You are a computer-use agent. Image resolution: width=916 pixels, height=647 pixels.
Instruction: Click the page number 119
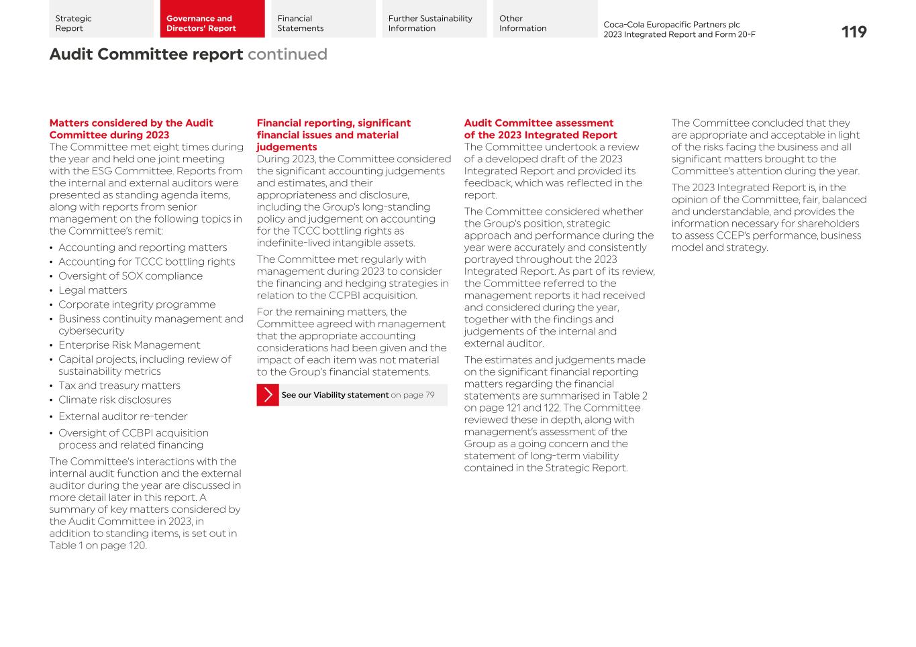(854, 32)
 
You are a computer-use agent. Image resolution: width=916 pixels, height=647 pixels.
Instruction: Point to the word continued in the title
(287, 54)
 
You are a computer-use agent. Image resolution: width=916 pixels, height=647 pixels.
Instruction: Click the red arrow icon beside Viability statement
(268, 395)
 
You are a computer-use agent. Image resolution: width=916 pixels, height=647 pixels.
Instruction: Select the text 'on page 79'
(413, 395)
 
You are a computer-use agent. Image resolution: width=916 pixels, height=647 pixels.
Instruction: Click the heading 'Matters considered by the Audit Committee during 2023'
(131, 129)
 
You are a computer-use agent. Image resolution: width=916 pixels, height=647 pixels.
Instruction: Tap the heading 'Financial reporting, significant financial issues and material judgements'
(334, 135)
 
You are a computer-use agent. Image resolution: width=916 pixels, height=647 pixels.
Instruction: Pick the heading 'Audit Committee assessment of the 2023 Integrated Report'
(540, 129)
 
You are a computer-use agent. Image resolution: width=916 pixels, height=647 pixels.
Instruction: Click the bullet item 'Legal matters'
(102, 290)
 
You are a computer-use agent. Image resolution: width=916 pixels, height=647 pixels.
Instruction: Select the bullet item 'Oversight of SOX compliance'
(130, 276)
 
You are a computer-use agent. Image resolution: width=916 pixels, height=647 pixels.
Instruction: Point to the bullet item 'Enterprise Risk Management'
(129, 345)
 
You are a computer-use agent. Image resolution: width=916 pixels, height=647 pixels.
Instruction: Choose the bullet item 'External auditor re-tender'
(123, 416)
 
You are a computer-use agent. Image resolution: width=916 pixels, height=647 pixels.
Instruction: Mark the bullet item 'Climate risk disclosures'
(115, 400)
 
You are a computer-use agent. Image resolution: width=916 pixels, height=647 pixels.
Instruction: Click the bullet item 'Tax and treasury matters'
(119, 386)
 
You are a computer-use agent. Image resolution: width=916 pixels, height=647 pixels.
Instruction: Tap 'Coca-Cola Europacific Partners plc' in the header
(671, 25)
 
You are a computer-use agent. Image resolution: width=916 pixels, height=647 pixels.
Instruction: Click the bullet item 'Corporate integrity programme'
(137, 304)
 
